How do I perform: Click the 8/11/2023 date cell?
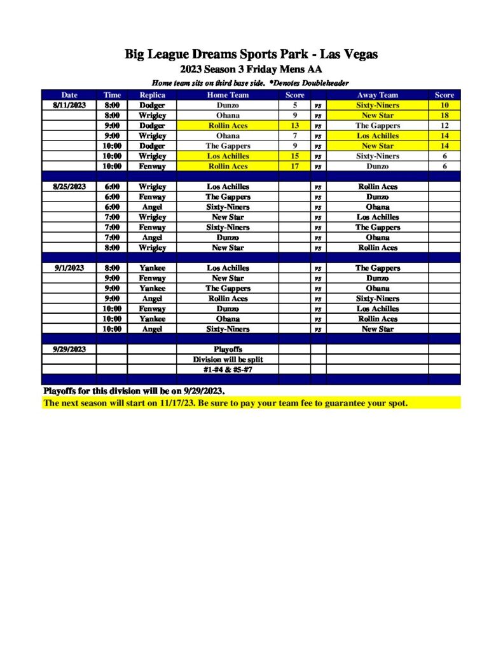(69, 105)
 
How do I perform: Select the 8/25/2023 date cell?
(69, 186)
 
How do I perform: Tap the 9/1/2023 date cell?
(69, 268)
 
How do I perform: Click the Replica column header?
(152, 95)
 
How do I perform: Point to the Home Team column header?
(228, 95)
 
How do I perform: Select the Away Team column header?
(377, 95)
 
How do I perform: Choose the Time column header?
(112, 95)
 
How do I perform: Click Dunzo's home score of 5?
(295, 105)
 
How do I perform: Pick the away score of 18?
(444, 115)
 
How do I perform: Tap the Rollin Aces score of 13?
(295, 125)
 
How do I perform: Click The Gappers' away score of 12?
(444, 125)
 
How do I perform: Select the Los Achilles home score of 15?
(295, 156)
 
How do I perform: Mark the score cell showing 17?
(295, 166)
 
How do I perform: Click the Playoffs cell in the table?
(228, 349)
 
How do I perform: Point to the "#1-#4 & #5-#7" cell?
(228, 369)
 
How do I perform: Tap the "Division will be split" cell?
(228, 359)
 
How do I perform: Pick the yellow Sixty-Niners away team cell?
(377, 105)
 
